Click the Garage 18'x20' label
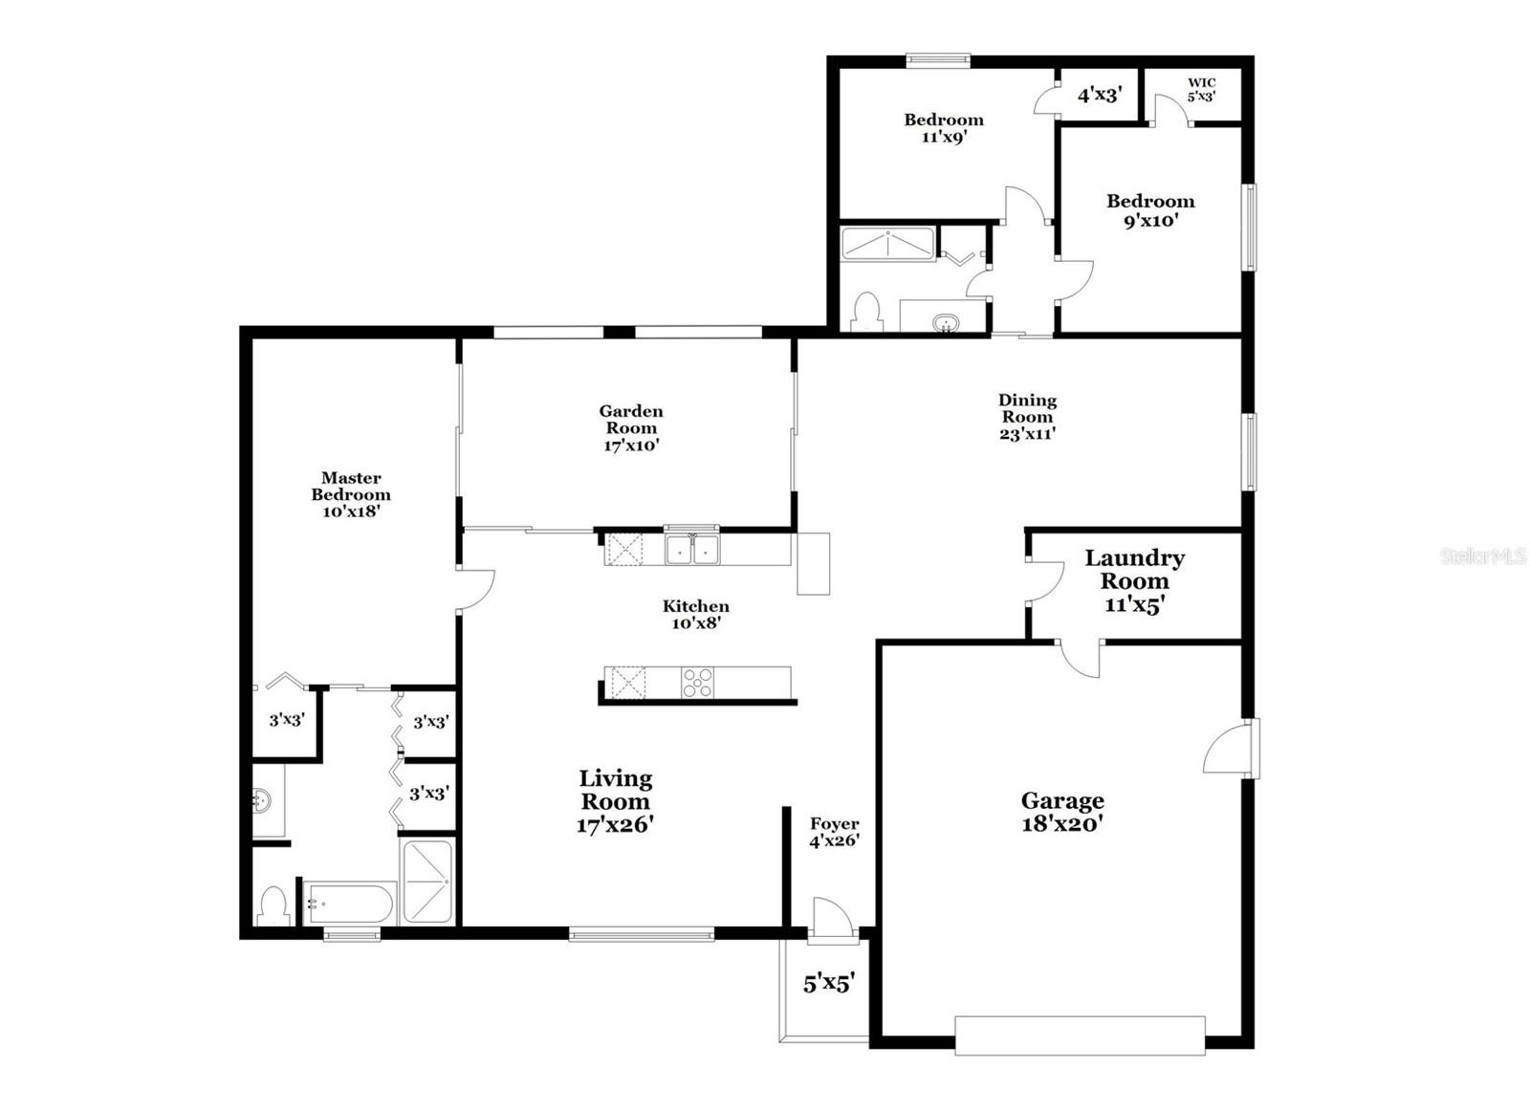1062,812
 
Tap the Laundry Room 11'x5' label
1134,581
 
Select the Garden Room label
631,428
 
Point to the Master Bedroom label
351,494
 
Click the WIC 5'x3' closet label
1201,90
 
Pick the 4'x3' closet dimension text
1100,95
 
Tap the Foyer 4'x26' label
834,832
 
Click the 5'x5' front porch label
828,984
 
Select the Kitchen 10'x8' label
696,614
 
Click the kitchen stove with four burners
697,683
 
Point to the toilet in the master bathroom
274,905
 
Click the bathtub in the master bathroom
350,904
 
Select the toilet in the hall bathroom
867,312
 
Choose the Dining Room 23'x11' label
1027,417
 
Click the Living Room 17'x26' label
616,800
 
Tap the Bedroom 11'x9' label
944,128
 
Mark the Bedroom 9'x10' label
1151,210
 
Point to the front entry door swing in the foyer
831,919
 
